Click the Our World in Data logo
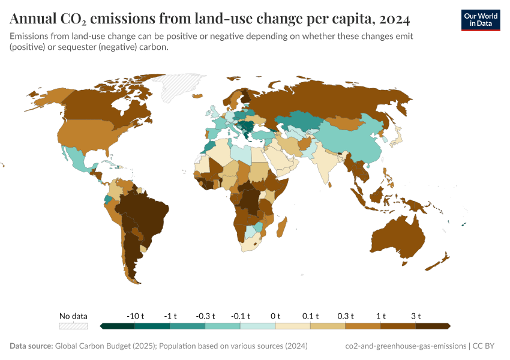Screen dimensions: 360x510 pos(480,20)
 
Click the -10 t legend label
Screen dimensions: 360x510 pos(135,316)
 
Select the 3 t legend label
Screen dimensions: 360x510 pos(416,316)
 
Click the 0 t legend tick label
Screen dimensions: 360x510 pos(275,316)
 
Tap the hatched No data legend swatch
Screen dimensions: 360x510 pos(73,326)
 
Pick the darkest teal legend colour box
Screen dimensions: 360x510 pos(118,326)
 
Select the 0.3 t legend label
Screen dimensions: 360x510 pos(346,316)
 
